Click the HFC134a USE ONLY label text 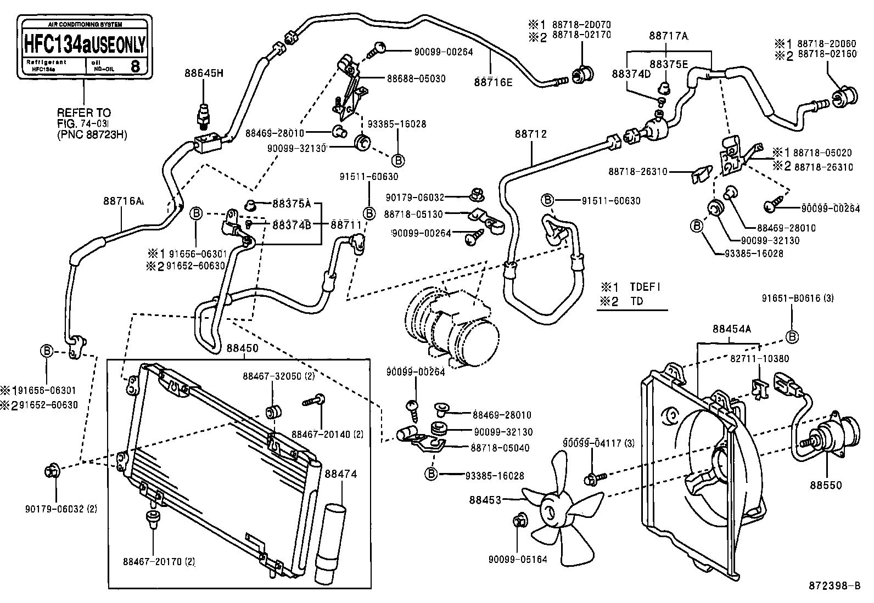[x=84, y=44]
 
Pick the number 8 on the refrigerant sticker [x=135, y=67]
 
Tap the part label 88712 [x=531, y=134]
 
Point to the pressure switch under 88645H [x=205, y=115]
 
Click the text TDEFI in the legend [x=645, y=286]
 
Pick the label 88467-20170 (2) [x=159, y=561]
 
